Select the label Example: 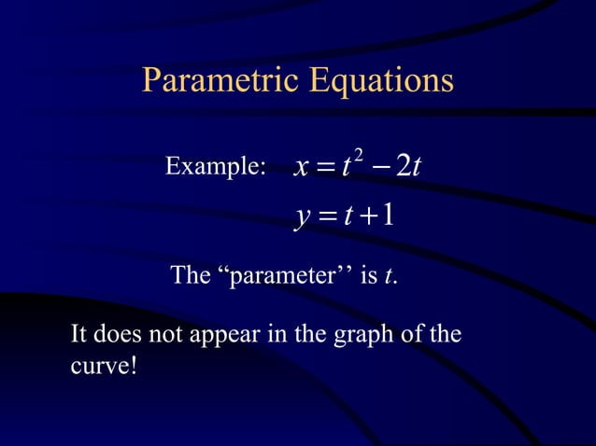(215, 167)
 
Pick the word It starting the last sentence (80, 333)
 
